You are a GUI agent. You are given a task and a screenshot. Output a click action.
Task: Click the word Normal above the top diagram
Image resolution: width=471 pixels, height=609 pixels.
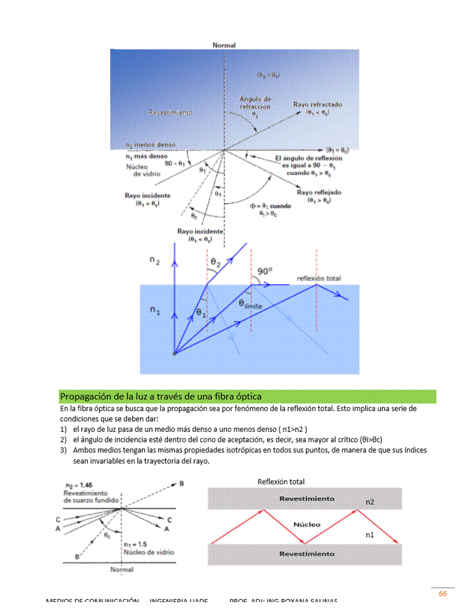tap(224, 45)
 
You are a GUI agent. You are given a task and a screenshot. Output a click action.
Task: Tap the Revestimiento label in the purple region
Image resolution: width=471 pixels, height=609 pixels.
tap(170, 113)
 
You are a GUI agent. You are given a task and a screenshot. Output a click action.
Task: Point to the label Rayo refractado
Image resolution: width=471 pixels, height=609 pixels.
tap(317, 105)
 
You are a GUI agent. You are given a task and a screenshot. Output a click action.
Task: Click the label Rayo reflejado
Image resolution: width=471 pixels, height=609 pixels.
tap(319, 193)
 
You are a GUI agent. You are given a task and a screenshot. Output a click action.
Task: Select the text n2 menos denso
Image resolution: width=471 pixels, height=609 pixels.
tap(151, 145)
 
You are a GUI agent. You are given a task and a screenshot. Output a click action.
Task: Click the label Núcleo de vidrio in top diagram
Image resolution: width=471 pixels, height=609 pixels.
tap(143, 170)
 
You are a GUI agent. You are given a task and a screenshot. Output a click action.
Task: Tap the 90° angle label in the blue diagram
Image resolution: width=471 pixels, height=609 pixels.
tap(265, 271)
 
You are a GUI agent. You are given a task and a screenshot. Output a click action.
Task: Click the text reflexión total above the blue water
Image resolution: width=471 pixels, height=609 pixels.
tap(319, 278)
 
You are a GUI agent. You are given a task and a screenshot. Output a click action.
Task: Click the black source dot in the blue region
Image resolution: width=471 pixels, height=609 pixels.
tap(174, 353)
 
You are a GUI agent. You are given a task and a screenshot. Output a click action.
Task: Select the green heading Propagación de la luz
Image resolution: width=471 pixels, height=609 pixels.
tap(161, 397)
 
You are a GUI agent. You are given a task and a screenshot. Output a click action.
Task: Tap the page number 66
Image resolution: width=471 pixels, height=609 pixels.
tap(443, 594)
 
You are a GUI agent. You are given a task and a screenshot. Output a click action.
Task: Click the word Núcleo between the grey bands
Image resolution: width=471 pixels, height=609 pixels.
tap(306, 525)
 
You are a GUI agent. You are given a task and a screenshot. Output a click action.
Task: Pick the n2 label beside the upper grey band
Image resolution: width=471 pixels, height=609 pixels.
tap(370, 502)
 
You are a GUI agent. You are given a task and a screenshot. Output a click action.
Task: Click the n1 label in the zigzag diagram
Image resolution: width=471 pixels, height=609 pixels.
tap(370, 535)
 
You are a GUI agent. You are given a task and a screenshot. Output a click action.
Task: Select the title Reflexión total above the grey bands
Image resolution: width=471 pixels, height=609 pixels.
tap(281, 482)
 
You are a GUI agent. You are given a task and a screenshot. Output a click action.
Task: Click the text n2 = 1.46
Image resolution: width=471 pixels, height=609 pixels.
tap(78, 486)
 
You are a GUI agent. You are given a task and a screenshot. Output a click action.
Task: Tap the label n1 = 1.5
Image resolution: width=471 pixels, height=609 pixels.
tap(136, 544)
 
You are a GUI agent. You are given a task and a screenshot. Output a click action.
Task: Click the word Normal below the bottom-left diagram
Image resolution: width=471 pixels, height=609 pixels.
tap(122, 570)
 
